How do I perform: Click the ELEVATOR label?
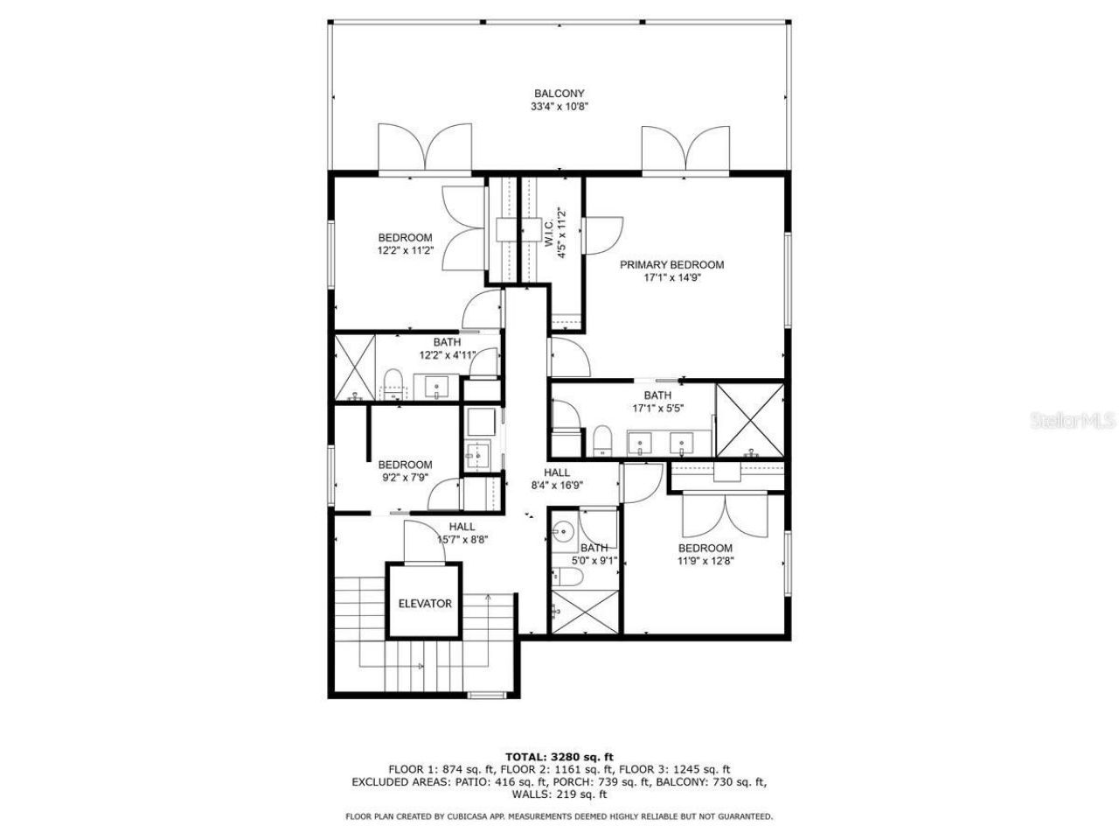tap(425, 603)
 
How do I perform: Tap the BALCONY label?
tap(559, 94)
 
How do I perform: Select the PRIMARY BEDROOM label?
tap(671, 264)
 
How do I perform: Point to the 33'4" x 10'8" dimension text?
tap(559, 107)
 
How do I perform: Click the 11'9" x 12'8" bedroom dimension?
tap(705, 562)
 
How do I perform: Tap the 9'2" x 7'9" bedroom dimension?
tap(404, 478)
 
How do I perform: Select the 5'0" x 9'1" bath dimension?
tap(594, 562)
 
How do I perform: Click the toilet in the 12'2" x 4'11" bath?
tap(393, 384)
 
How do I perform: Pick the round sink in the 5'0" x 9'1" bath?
tap(564, 530)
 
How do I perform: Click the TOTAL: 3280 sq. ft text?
tap(559, 756)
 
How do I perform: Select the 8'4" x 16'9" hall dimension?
tap(558, 485)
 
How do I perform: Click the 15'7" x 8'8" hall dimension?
tap(462, 539)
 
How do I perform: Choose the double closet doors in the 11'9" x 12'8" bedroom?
tap(726, 517)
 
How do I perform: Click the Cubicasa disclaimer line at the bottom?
tap(559, 816)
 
